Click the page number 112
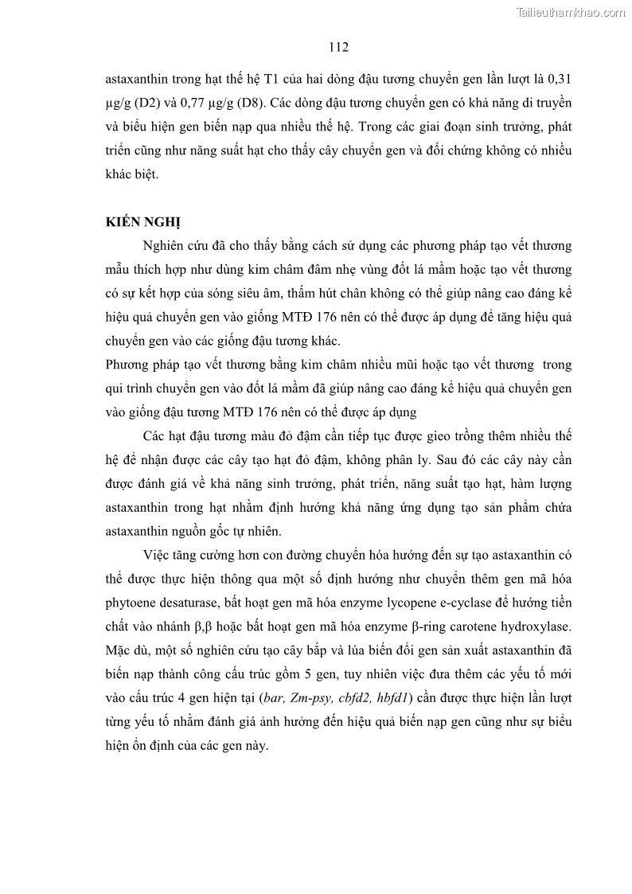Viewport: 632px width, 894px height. pos(339,48)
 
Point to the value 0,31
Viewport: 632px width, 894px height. pos(557,80)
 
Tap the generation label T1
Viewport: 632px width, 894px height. pos(262,80)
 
